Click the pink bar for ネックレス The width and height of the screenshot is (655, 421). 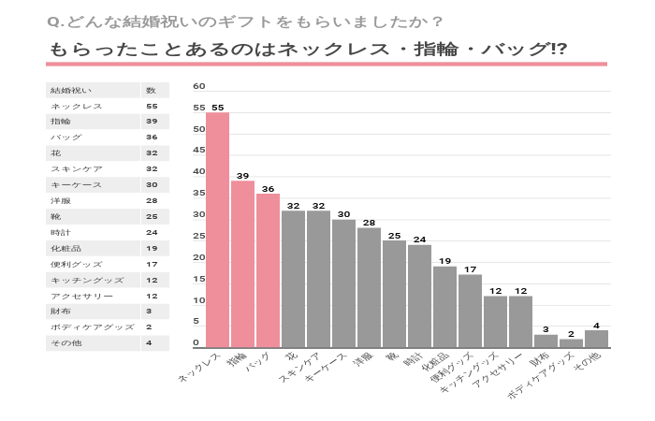217,230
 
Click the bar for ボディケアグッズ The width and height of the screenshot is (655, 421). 571,343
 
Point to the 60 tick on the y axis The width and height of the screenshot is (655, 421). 198,86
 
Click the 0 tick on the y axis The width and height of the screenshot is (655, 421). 196,343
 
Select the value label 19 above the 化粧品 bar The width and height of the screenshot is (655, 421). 444,261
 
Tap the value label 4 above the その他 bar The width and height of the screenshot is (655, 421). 596,325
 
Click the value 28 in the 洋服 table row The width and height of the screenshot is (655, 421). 151,201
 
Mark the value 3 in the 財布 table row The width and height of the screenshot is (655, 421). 149,312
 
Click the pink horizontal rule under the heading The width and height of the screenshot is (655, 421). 327,65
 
